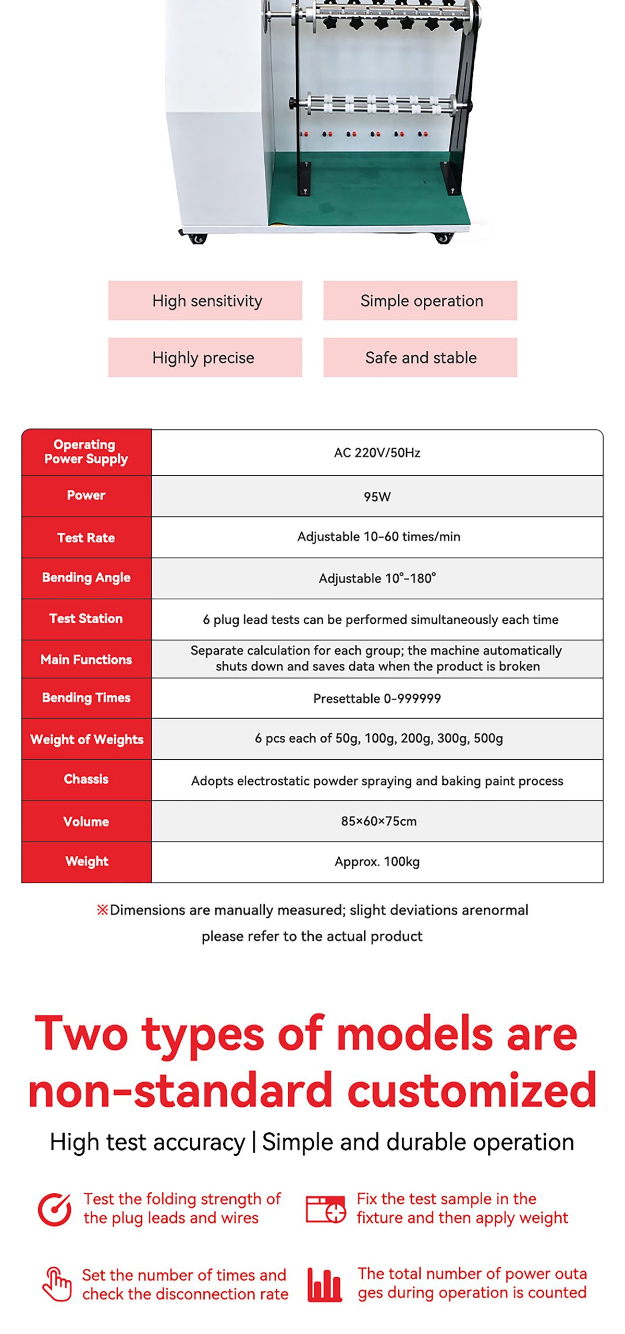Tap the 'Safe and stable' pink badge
tap(420, 357)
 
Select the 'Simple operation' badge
tap(420, 301)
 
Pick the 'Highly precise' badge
tap(205, 357)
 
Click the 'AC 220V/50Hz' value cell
tap(377, 453)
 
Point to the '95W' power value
tap(377, 497)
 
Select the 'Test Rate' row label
tap(86, 538)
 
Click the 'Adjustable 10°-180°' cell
tap(377, 578)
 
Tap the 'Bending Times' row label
tap(86, 698)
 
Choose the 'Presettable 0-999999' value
tap(377, 698)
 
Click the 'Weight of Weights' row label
tap(87, 739)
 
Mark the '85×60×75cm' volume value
tap(378, 821)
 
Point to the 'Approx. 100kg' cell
tap(377, 862)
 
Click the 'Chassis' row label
tap(86, 779)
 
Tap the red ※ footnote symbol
tap(102, 910)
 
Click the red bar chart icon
tap(324, 1285)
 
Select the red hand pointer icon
tap(57, 1284)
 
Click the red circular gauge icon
tap(54, 1209)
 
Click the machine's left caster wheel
tap(197, 238)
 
